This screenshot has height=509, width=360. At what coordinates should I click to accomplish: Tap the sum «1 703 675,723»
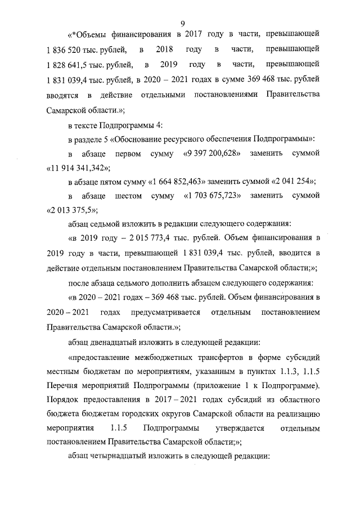point(213,196)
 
